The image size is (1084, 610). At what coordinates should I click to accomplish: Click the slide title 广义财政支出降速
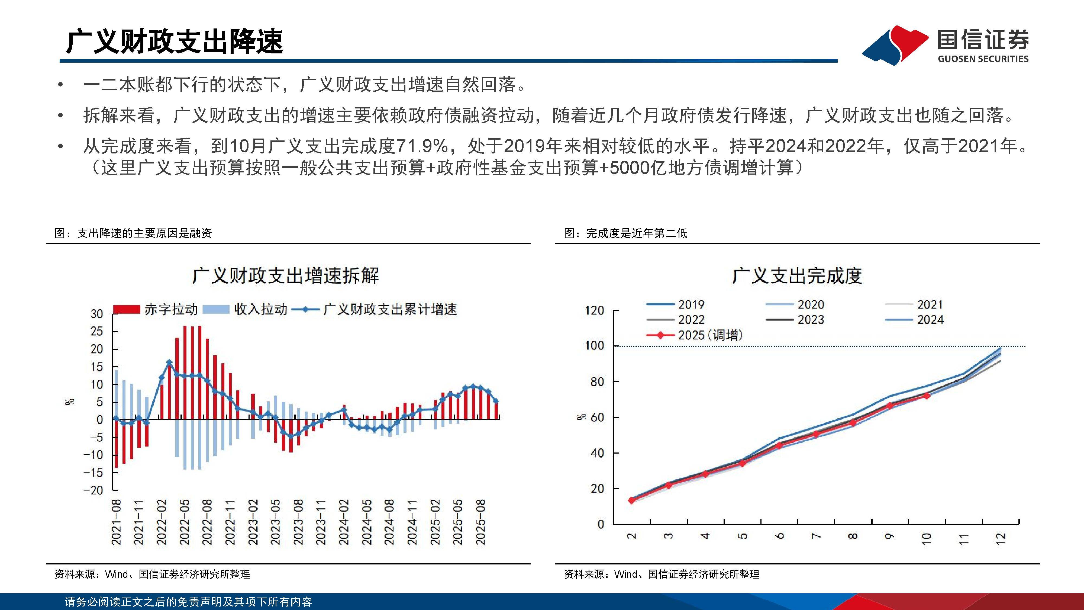tap(174, 42)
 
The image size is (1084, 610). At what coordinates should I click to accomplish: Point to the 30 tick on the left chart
tap(97, 314)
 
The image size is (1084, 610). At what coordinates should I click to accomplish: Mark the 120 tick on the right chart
tap(594, 311)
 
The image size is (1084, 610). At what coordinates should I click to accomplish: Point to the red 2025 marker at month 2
tap(631, 500)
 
